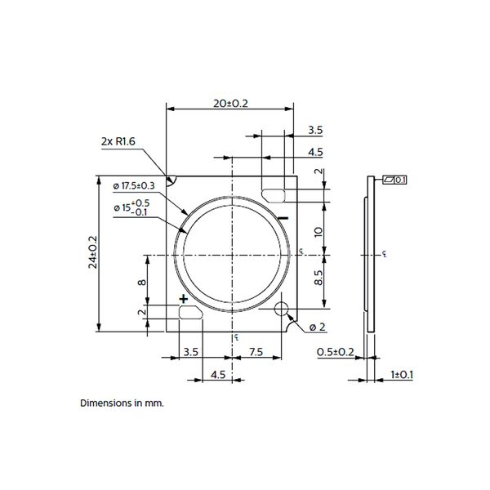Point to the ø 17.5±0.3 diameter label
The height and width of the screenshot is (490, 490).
[x=135, y=186]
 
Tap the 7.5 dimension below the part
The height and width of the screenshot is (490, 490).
[x=255, y=353]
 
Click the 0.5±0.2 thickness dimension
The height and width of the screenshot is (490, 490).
[x=334, y=353]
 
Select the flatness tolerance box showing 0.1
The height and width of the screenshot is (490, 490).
[x=395, y=180]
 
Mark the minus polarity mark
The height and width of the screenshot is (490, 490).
[x=283, y=218]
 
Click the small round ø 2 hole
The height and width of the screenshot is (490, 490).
[x=283, y=310]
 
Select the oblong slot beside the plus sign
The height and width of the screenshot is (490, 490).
[x=189, y=312]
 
